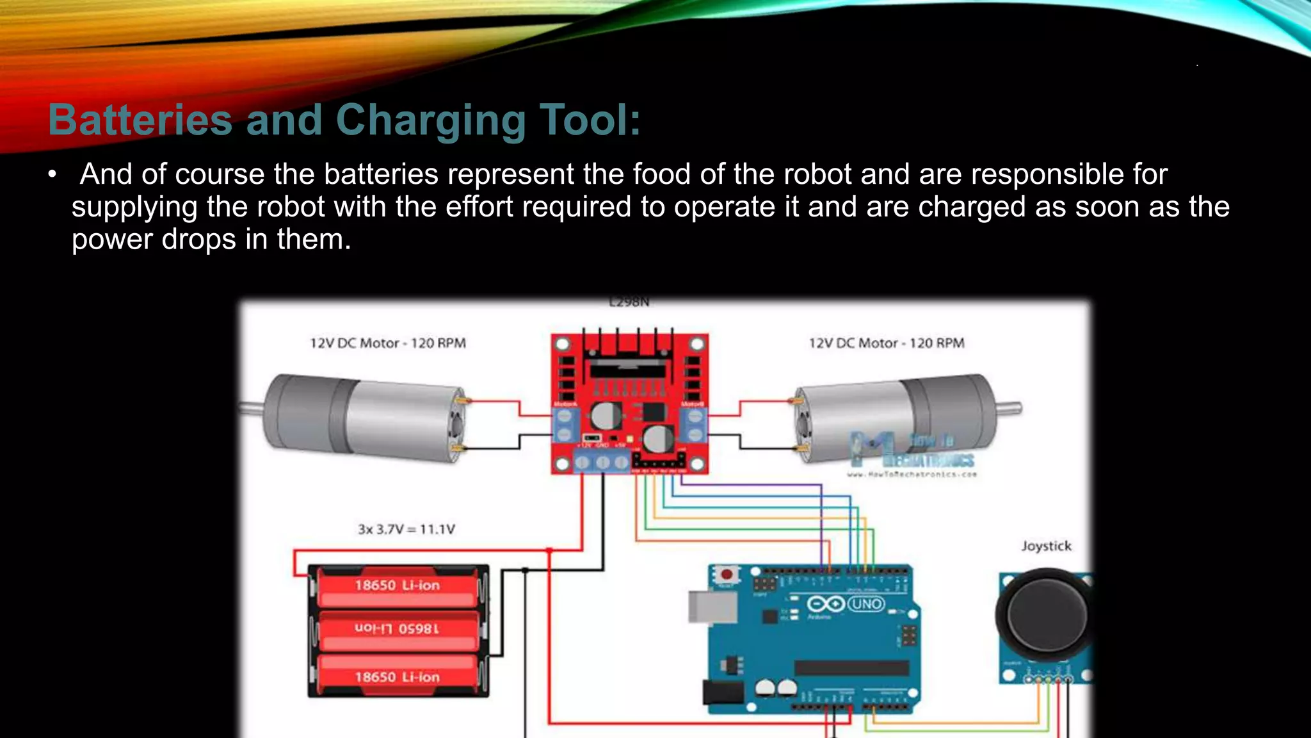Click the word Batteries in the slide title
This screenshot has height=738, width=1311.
(140, 120)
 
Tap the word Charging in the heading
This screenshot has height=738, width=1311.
(430, 120)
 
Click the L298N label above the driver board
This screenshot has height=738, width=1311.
(629, 302)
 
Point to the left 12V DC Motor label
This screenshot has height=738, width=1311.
(388, 343)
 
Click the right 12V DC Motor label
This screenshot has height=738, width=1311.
(887, 343)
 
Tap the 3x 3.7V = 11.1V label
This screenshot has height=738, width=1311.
(406, 529)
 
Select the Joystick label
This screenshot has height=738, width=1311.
(1046, 546)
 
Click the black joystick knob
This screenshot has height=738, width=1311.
(1045, 614)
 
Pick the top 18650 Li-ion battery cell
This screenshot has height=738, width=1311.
(398, 586)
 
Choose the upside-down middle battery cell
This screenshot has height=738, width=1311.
(398, 629)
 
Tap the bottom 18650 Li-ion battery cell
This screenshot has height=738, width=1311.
(398, 677)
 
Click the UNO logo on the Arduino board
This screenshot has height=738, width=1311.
(866, 604)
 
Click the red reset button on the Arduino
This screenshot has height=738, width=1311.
(726, 575)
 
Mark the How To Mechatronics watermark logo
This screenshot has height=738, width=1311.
(912, 452)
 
